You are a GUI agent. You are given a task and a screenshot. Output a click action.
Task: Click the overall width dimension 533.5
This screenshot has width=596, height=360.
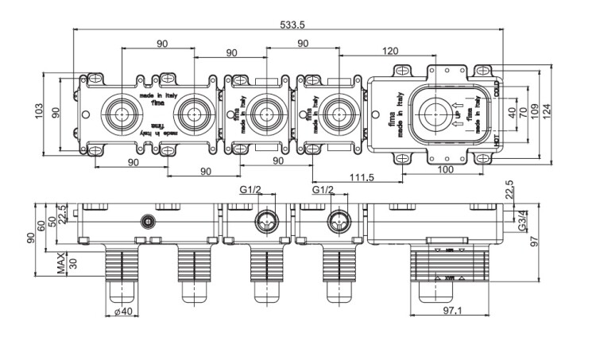coord(289,24)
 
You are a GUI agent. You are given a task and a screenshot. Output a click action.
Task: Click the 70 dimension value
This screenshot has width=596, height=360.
coord(523,111)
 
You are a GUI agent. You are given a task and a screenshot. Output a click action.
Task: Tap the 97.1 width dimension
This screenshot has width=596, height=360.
coord(454,311)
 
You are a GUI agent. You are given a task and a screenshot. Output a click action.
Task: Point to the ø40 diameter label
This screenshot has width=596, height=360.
coord(122,312)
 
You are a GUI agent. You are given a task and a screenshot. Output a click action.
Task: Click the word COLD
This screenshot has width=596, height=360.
coord(497,88)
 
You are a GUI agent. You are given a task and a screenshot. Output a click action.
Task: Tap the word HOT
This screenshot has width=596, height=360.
coord(497,141)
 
